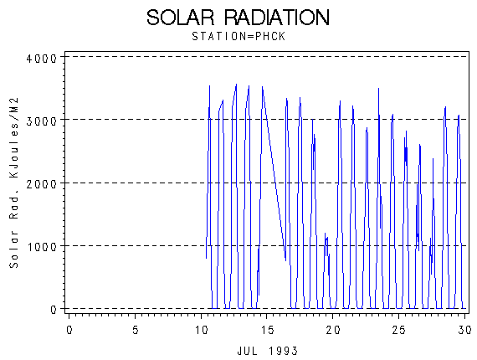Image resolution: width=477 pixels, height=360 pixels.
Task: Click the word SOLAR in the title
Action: tap(181, 18)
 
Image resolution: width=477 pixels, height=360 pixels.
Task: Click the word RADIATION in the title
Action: tap(277, 18)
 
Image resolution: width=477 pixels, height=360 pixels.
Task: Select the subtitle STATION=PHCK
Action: tap(238, 37)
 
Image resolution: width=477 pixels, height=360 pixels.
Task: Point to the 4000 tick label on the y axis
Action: tap(42, 58)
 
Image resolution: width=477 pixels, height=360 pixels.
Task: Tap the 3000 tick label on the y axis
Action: tap(42, 121)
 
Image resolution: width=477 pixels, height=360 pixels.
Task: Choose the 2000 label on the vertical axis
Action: tap(42, 184)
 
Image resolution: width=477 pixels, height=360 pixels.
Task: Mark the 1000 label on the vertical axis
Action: tap(42, 247)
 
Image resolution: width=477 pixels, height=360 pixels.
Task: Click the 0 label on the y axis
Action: tap(54, 310)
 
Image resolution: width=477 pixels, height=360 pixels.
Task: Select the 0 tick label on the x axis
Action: tap(69, 330)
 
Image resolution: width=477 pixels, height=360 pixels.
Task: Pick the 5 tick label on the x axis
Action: tap(136, 330)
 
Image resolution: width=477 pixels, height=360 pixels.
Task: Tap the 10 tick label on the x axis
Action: tap(201, 330)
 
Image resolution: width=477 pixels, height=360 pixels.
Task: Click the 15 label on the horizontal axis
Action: tap(267, 330)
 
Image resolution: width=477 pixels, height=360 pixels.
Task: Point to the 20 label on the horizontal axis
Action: tap(333, 330)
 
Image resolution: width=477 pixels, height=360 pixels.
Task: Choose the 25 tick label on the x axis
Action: tap(398, 330)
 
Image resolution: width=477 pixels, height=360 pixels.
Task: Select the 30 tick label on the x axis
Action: tap(464, 330)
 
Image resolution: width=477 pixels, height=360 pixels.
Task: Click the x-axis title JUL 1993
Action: tap(268, 351)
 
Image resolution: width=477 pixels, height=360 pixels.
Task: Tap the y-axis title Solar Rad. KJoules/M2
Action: tap(14, 183)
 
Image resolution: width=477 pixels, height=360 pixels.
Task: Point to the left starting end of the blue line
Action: tap(206, 259)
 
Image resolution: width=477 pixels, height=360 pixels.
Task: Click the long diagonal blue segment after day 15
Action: tap(274, 173)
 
